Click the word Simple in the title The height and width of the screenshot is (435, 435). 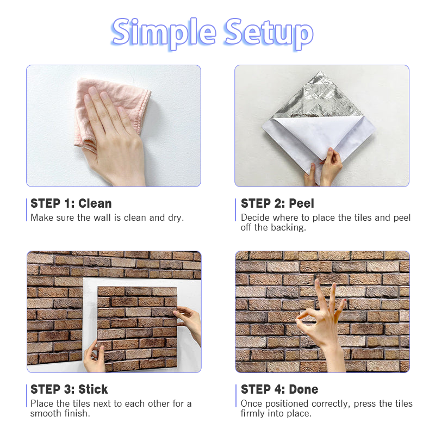[x=164, y=33]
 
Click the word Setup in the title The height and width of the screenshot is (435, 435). [x=269, y=33]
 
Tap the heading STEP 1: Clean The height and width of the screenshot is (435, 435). [x=71, y=203]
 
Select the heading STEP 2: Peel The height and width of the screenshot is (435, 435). [x=277, y=203]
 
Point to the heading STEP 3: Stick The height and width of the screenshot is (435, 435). [x=69, y=389]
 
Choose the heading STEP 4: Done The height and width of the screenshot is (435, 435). [x=279, y=389]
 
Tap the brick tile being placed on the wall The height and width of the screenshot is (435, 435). [x=137, y=329]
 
